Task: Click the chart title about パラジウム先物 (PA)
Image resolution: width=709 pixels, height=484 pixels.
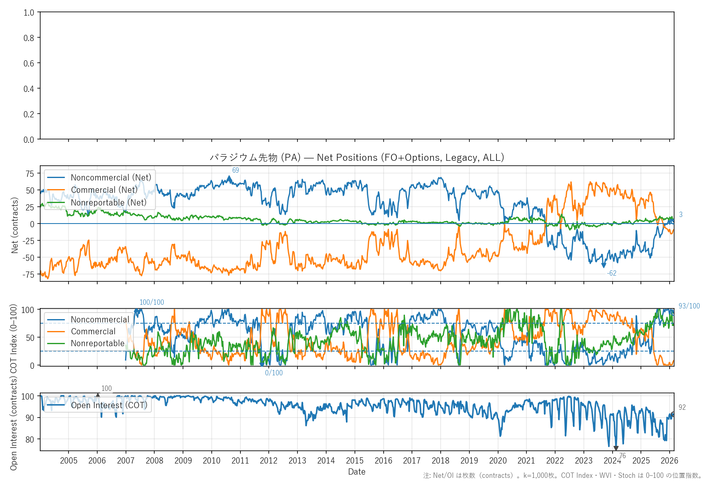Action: (x=357, y=158)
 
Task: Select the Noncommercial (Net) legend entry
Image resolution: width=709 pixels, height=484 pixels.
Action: (x=111, y=178)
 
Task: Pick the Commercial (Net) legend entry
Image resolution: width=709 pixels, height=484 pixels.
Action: (x=104, y=190)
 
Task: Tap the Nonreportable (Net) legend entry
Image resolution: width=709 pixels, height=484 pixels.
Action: (x=108, y=203)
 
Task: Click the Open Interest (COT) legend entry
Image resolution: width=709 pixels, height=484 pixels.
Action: (x=109, y=405)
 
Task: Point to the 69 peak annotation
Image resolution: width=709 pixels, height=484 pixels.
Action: (x=236, y=170)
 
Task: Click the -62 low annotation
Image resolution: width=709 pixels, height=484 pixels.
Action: (x=612, y=273)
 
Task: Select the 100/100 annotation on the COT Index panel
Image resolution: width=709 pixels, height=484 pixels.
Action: (x=152, y=302)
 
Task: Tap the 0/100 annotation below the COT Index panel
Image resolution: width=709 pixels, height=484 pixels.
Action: (x=274, y=373)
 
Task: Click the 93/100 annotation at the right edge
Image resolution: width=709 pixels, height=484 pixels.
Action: (x=689, y=306)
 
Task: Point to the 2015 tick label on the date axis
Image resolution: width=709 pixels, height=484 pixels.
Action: (x=354, y=461)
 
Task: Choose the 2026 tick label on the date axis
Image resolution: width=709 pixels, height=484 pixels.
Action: (x=669, y=461)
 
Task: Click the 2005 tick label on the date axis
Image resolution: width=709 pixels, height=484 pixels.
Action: (x=69, y=461)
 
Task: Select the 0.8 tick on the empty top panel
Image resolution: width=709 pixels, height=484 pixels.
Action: (x=29, y=38)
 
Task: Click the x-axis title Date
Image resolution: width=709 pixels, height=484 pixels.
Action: (x=357, y=472)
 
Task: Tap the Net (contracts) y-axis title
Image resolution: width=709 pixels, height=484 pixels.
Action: (x=15, y=225)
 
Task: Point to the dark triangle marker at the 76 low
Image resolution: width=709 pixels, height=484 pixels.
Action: (x=616, y=448)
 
